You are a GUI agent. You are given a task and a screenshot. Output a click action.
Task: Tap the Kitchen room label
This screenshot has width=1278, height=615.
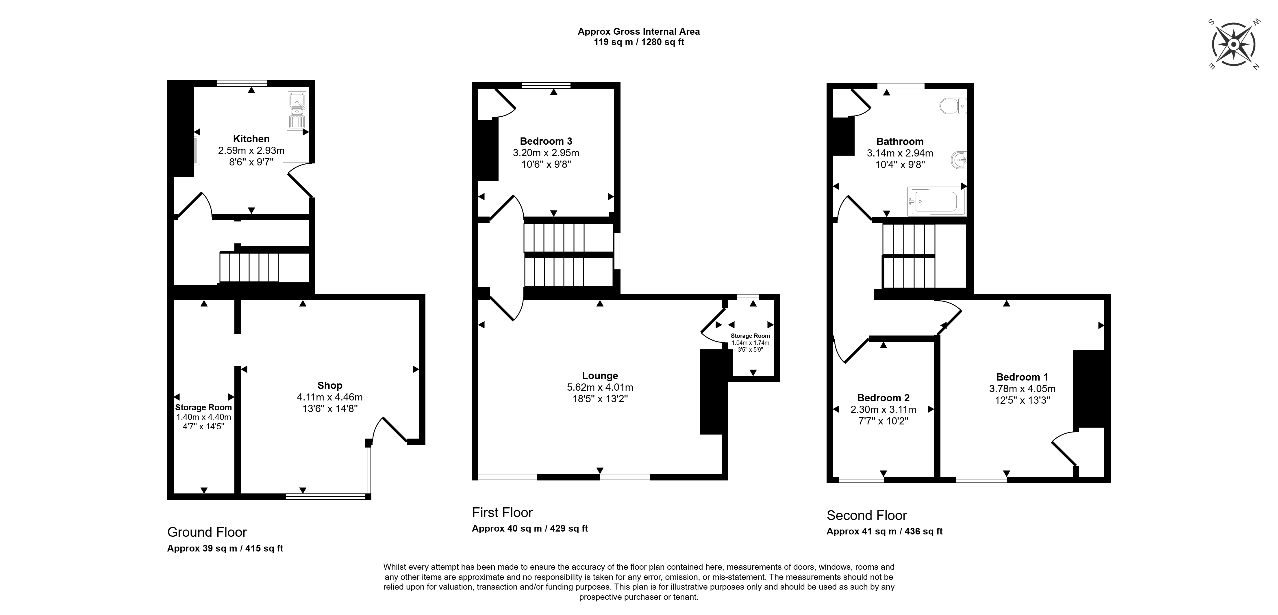tap(251, 139)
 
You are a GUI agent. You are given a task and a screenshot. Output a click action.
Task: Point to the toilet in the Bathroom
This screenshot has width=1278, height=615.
tap(953, 106)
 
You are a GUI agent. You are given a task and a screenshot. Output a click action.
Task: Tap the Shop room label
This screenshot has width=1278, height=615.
tap(330, 385)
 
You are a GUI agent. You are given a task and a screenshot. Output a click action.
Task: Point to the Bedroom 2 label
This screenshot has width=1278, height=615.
tap(883, 398)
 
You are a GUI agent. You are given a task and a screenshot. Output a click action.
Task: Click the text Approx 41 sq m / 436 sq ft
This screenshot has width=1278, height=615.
tap(885, 531)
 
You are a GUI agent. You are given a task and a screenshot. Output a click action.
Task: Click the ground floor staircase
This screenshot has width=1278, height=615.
tap(249, 268)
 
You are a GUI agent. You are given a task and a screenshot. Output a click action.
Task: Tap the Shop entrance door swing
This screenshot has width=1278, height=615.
tap(390, 429)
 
